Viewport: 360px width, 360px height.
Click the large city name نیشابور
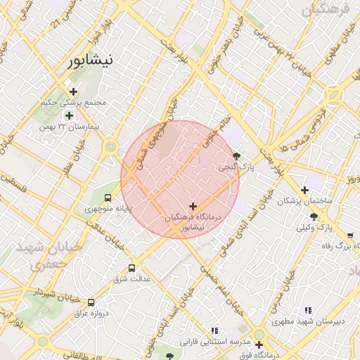[89, 61]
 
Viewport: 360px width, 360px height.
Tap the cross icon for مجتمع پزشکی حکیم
[73, 91]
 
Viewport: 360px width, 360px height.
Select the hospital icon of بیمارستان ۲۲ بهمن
[69, 115]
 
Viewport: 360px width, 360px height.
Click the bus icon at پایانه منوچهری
[108, 198]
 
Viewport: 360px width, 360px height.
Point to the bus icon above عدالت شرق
[131, 268]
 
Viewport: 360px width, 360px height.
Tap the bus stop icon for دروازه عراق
[91, 302]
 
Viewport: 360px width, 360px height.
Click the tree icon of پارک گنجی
[236, 156]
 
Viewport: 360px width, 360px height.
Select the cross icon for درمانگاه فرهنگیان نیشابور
[193, 205]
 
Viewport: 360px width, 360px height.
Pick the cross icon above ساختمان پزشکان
[304, 190]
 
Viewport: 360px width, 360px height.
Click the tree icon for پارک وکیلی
[314, 216]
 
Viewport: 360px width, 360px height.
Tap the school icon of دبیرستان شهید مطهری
[307, 310]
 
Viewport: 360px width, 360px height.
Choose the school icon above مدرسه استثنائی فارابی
[215, 330]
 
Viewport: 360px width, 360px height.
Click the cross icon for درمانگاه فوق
[259, 345]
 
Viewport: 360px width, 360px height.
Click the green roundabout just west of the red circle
[110, 148]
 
